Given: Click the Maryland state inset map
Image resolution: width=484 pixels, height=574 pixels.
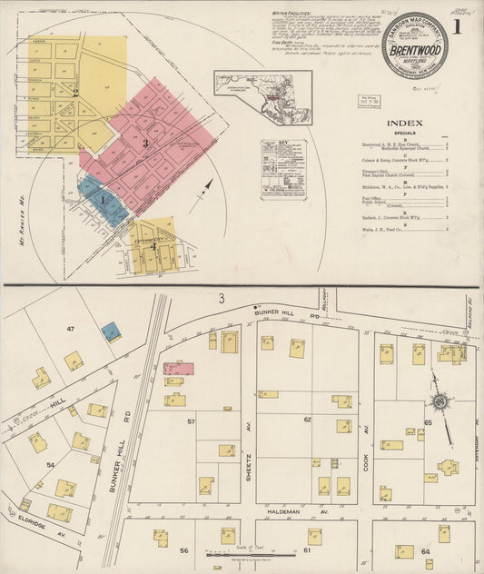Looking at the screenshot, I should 263,98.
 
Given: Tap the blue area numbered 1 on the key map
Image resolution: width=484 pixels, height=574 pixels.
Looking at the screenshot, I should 104,200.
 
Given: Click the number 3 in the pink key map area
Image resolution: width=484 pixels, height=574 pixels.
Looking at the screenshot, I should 144,143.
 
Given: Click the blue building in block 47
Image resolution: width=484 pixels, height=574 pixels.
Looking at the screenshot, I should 111,332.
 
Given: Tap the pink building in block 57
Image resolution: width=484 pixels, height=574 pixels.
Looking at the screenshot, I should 178,369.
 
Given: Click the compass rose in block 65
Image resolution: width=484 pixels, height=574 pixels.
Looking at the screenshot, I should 440,401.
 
